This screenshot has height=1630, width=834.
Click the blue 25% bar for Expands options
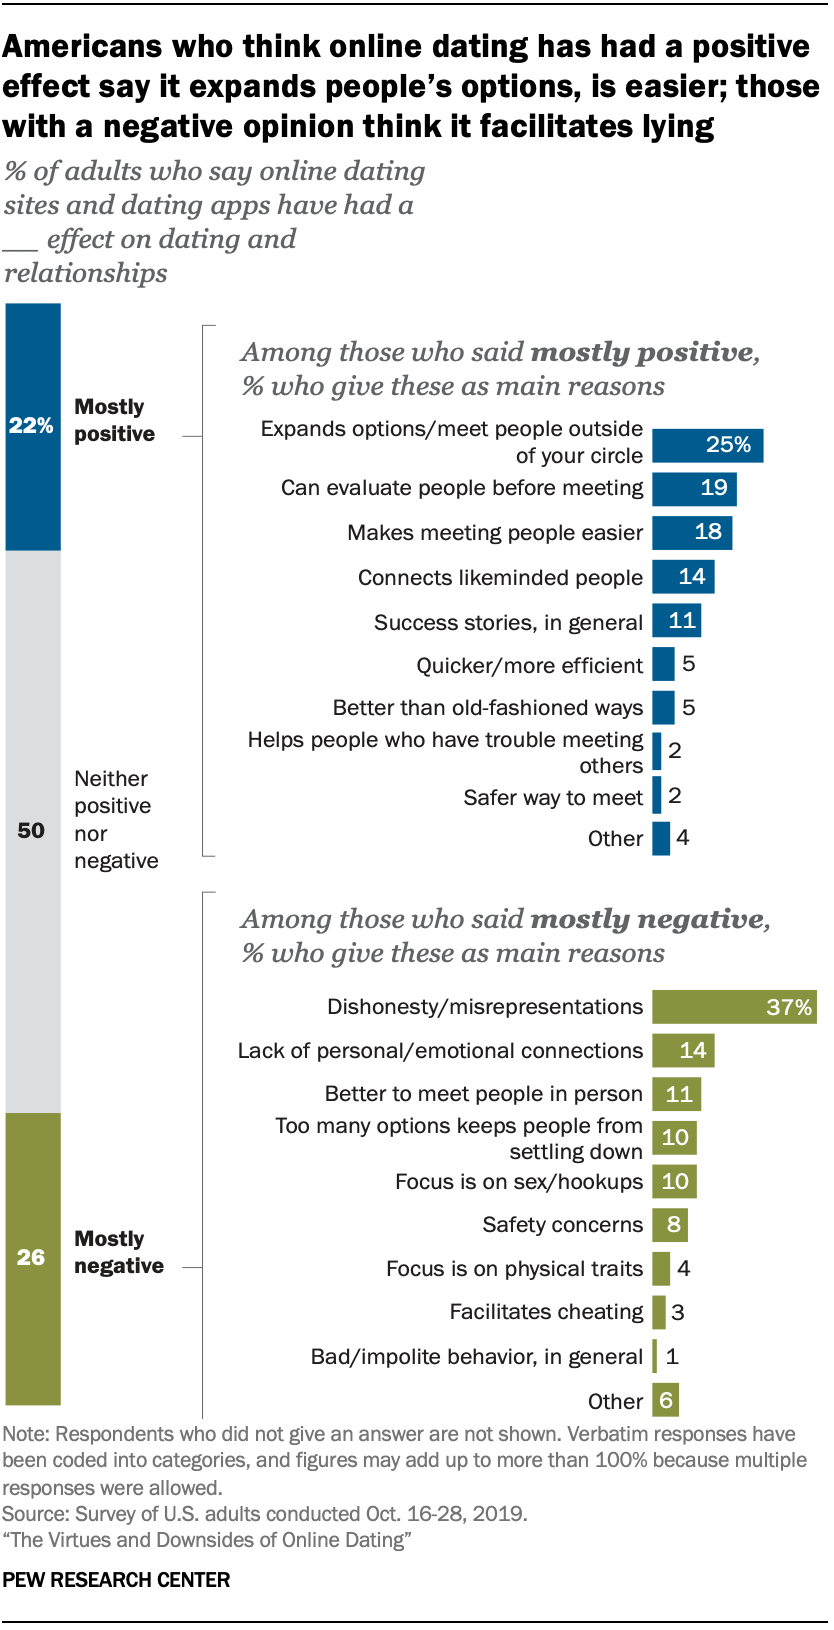707,445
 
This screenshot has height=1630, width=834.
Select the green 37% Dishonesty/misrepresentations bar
734,1007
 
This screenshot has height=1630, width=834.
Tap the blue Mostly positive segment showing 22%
33,426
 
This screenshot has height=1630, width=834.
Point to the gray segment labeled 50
33,830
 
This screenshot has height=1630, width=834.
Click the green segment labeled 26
33,1257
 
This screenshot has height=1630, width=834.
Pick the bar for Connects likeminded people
683,577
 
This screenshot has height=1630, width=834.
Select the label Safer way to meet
553,797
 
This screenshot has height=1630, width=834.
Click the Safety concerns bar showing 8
669,1225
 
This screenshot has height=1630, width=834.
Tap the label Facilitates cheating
546,1312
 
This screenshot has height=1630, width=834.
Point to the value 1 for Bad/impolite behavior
672,1357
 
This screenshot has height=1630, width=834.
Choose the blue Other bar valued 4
661,838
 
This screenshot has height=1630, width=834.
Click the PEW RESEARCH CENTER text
116,1580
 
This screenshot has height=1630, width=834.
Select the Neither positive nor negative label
115,819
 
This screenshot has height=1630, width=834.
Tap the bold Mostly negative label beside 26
118,1252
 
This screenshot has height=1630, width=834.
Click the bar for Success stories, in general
676,621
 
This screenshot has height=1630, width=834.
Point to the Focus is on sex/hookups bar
674,1181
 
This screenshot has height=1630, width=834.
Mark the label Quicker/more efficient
529,666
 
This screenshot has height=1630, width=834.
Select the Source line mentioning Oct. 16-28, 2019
264,1513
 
